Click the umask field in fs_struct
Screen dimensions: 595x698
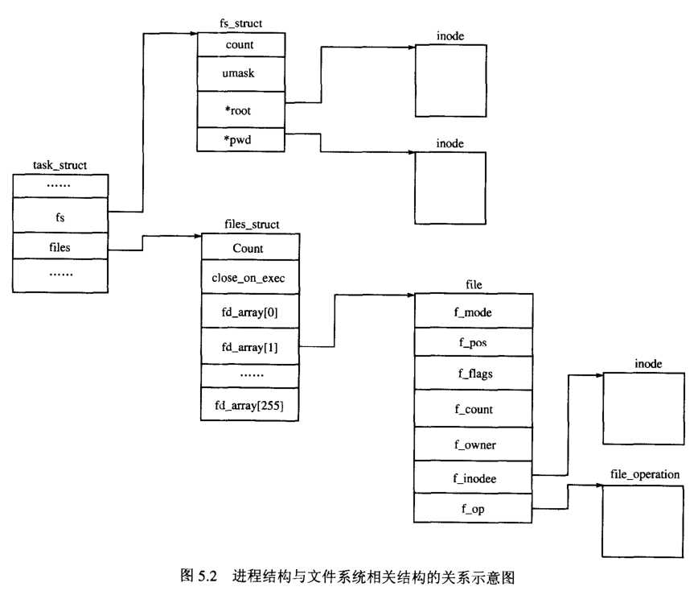pos(240,74)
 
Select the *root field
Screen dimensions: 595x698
pos(240,109)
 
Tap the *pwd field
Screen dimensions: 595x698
pos(240,138)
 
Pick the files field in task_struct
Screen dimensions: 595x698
pos(60,247)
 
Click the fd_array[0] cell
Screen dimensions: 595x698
pos(248,312)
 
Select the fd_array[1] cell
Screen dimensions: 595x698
pos(248,346)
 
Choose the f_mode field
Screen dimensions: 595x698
pos(473,312)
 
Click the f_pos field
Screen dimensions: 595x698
pos(473,342)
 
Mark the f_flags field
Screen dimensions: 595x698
pos(473,374)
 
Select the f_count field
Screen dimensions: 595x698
pos(473,410)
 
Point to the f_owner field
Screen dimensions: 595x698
pos(473,444)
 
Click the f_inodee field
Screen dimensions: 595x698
pos(473,478)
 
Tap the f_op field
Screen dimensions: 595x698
pos(473,509)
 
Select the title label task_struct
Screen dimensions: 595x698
pos(60,165)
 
